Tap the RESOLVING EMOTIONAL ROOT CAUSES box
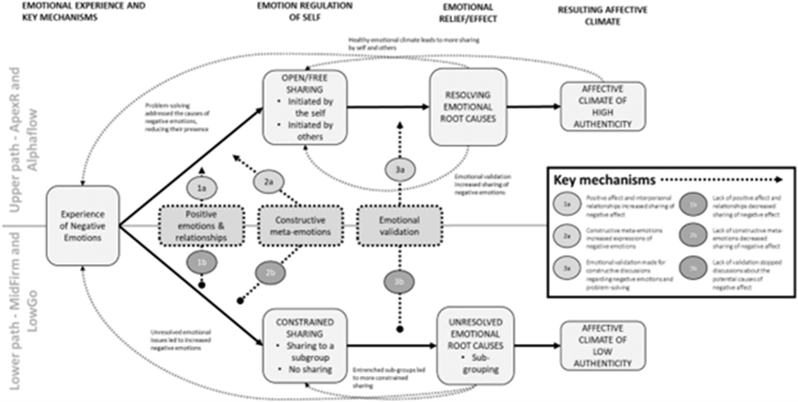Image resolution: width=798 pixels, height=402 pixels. [x=466, y=108]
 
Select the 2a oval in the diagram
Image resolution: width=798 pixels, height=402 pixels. [x=268, y=181]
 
